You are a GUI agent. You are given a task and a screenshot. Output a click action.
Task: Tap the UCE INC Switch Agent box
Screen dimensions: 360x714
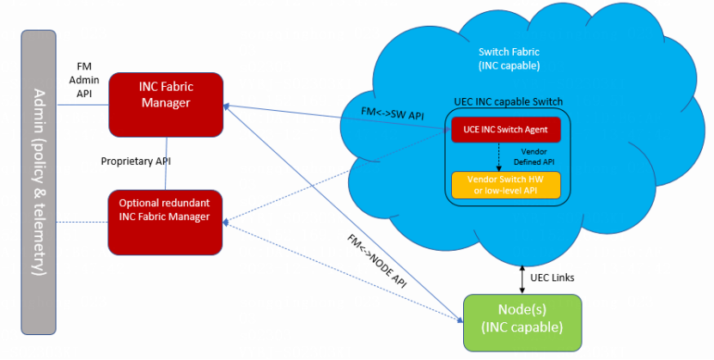[505, 129]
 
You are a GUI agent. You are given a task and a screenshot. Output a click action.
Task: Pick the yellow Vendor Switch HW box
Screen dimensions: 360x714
[505, 184]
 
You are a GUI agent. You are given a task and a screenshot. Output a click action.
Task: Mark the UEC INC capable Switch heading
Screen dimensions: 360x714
[508, 102]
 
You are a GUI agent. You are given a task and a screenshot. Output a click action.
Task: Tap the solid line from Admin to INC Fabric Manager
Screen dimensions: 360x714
[82, 105]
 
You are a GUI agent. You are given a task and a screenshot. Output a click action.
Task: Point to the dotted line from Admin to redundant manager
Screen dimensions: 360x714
[82, 223]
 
